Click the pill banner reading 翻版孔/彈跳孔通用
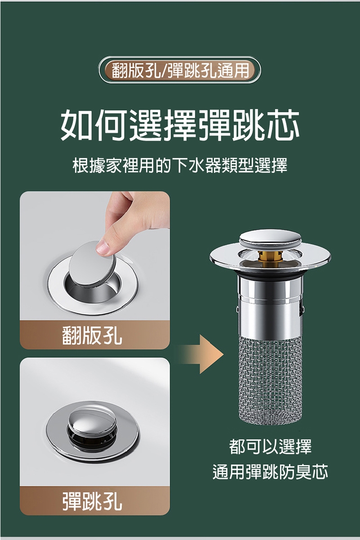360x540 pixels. [x=180, y=70]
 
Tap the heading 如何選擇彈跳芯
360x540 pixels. [x=180, y=125]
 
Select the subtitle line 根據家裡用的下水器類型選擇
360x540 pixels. [x=180, y=166]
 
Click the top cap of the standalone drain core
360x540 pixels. [x=270, y=237]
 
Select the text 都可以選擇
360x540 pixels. [x=270, y=446]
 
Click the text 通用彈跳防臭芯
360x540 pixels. [x=270, y=472]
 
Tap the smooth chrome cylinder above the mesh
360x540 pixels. [x=270, y=306]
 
